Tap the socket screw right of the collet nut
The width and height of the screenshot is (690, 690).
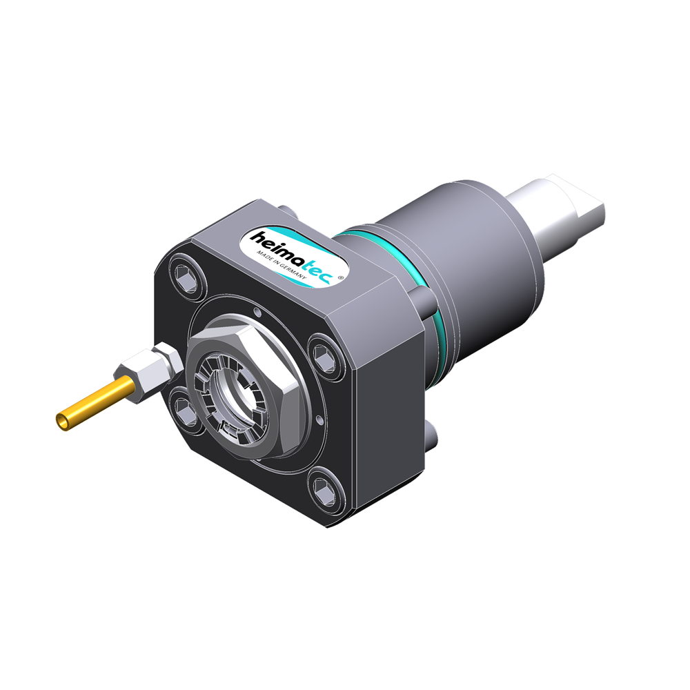(x=323, y=354)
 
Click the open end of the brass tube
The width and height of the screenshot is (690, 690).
(x=61, y=420)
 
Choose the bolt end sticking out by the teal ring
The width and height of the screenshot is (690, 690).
(x=423, y=299)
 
